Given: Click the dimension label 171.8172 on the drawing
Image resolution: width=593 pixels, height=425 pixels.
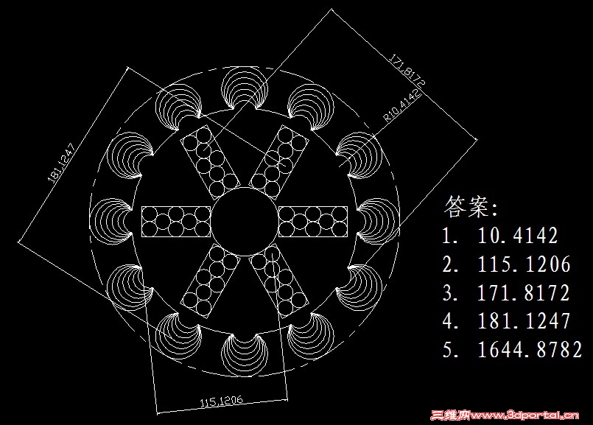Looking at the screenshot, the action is [x=407, y=70].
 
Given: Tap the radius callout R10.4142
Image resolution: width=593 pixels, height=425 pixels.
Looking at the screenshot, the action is [x=402, y=105].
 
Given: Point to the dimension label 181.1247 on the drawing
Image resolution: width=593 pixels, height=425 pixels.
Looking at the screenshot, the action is [x=63, y=162].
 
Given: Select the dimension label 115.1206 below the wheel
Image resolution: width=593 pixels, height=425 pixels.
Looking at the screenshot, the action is [x=222, y=401].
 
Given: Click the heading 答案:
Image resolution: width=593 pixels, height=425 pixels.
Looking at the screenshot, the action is [x=471, y=206].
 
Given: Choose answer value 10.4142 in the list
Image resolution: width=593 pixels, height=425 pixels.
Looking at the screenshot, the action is [x=518, y=236].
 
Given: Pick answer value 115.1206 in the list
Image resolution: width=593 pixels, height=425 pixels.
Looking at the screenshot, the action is [x=524, y=264].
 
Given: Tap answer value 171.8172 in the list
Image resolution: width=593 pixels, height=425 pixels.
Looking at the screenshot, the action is [x=524, y=292].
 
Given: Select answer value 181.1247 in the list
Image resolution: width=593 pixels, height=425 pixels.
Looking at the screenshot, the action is [x=524, y=320].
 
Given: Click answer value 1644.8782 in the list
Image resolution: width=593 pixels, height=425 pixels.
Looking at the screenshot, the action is [x=530, y=349].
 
